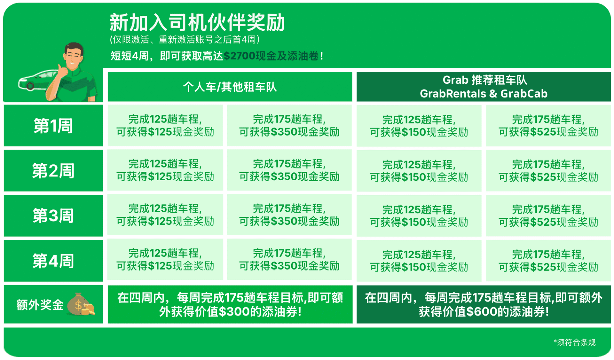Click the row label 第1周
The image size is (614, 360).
pyautogui.click(x=53, y=126)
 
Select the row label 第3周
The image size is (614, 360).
pyautogui.click(x=53, y=216)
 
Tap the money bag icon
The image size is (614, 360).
pyautogui.click(x=81, y=304)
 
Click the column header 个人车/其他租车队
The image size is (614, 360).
pyautogui.click(x=230, y=87)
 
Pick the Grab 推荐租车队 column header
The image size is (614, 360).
pyautogui.click(x=484, y=87)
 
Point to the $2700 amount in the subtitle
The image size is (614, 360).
pyautogui.click(x=240, y=56)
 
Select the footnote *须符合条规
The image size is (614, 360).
pyautogui.click(x=574, y=342)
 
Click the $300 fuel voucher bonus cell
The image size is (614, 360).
pyautogui.click(x=230, y=304)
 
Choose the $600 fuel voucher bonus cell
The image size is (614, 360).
pyautogui.click(x=484, y=304)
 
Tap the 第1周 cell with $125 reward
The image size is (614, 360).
pyautogui.click(x=165, y=125)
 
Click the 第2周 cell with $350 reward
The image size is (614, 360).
pyautogui.click(x=289, y=170)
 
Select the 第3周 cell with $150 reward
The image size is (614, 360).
pyautogui.click(x=419, y=216)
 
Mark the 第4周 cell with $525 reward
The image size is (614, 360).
pyautogui.click(x=548, y=261)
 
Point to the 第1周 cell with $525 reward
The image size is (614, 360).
pyautogui.click(x=548, y=126)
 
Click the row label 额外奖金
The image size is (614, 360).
pyautogui.click(x=40, y=305)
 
